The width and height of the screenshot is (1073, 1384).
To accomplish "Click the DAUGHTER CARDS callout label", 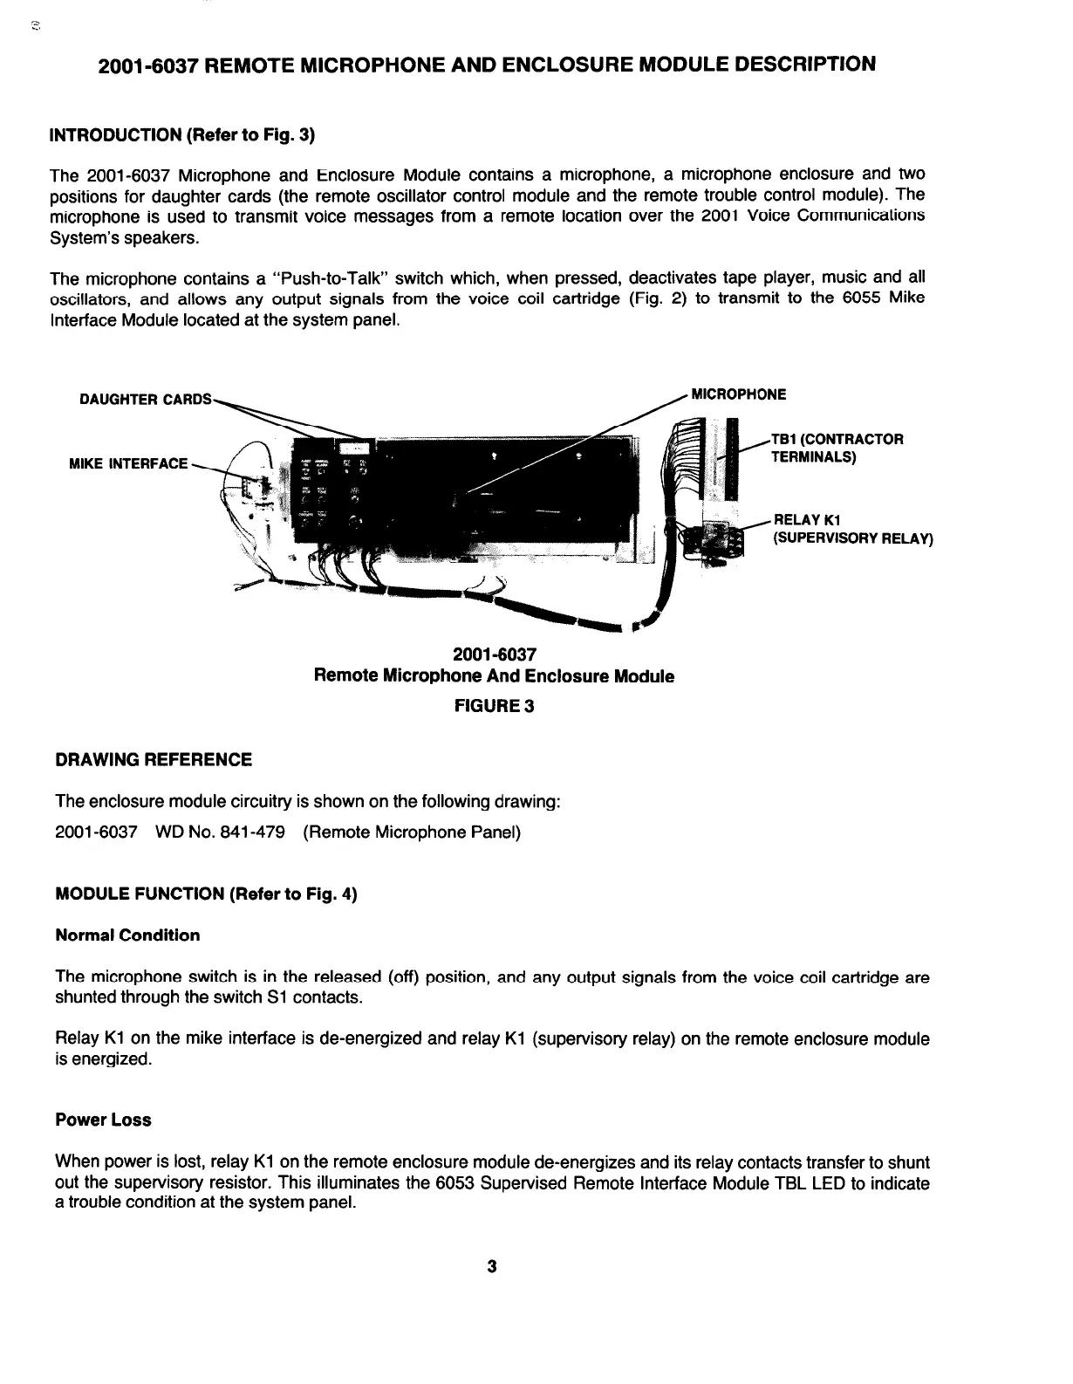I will [x=145, y=400].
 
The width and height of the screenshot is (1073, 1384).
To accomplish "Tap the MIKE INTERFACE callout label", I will [x=128, y=462].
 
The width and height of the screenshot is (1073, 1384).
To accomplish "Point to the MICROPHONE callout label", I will [x=738, y=394].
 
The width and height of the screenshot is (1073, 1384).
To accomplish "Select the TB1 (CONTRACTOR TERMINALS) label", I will [x=836, y=448].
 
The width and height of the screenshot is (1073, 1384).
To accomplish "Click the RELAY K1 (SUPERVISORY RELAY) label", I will [x=852, y=530].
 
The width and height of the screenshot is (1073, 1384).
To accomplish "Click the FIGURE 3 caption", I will [x=494, y=705].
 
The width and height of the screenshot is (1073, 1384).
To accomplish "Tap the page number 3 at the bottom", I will [x=492, y=1266].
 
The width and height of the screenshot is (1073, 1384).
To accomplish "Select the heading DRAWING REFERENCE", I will [x=154, y=759].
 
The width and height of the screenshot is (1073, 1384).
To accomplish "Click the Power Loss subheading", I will [x=103, y=1120].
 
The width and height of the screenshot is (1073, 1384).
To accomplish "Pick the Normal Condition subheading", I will [x=127, y=935].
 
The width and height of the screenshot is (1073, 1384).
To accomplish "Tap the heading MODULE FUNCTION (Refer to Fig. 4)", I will [x=207, y=894].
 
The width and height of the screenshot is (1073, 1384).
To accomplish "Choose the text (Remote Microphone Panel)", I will [x=412, y=832].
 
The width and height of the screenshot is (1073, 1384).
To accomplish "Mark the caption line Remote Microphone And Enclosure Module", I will [x=494, y=676].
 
